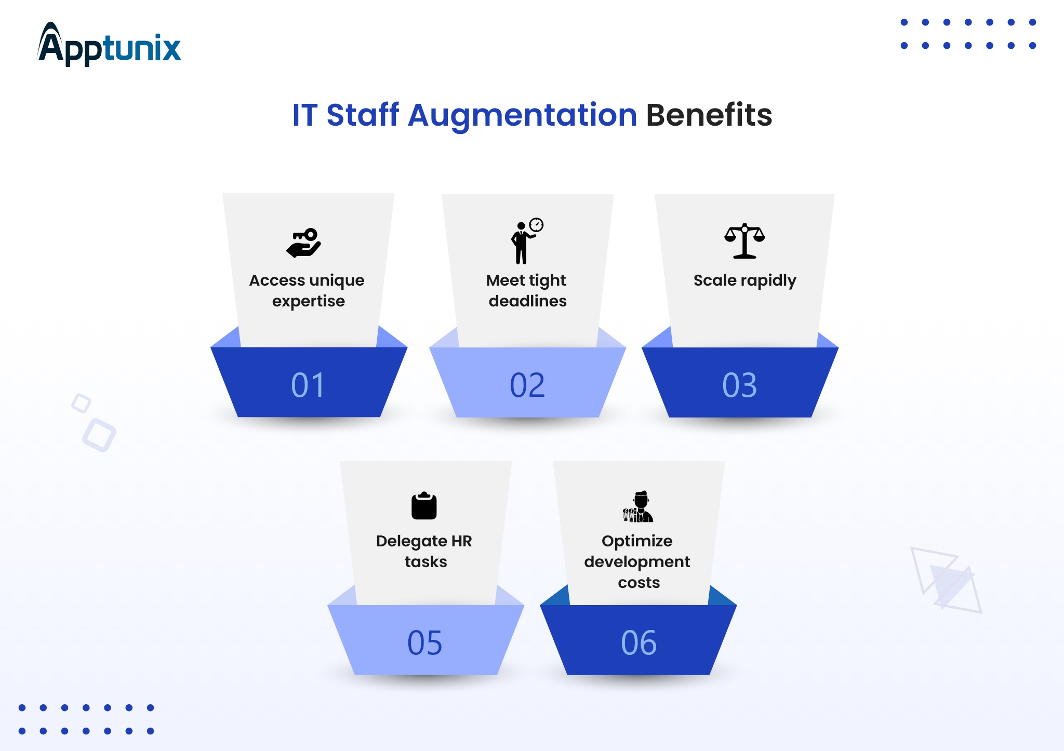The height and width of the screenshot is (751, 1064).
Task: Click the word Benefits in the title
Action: pos(709,115)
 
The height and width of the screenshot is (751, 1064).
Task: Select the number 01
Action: pos(308,385)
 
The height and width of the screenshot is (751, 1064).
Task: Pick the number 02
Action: pos(527,385)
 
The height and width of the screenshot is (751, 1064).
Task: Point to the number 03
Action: pos(740,385)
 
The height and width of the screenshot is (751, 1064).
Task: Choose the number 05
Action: pos(425,642)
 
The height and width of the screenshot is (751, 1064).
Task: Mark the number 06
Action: pos(639,642)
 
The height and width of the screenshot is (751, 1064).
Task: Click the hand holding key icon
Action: pos(303,243)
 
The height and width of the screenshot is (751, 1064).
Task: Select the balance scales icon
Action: pos(744,241)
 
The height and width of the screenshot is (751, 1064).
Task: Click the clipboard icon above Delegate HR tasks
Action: pos(424,505)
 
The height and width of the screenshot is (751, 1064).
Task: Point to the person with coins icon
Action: pos(638,506)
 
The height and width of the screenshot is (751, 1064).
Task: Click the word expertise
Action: pos(309,302)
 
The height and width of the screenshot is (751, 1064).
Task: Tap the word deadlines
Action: pos(527,301)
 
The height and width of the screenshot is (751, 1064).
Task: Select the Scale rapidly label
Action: pos(744,281)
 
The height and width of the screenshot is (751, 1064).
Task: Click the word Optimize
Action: pos(637,542)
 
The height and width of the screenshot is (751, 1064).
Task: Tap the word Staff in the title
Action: pos(363,115)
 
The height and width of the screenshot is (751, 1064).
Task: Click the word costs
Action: pos(639,583)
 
